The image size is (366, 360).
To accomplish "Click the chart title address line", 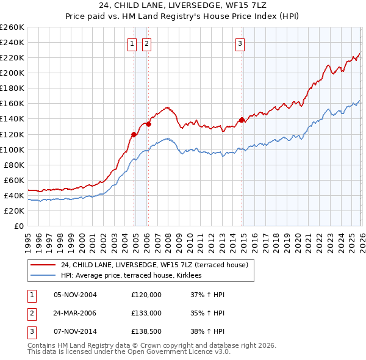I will (x=182, y=5).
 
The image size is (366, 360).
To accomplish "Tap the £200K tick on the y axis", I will (x=12, y=73).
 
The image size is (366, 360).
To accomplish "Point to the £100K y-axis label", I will (x=12, y=149).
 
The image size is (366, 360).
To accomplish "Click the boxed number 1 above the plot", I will (x=132, y=43).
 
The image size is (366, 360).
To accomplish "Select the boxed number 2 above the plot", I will (x=147, y=43).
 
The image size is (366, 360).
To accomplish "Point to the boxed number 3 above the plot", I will (x=240, y=43).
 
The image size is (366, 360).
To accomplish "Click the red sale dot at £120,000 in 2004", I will (x=134, y=134).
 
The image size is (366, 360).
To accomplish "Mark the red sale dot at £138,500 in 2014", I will (x=242, y=120).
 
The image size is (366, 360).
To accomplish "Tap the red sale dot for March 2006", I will (x=148, y=124).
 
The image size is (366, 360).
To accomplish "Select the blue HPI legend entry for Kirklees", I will (x=135, y=276).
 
